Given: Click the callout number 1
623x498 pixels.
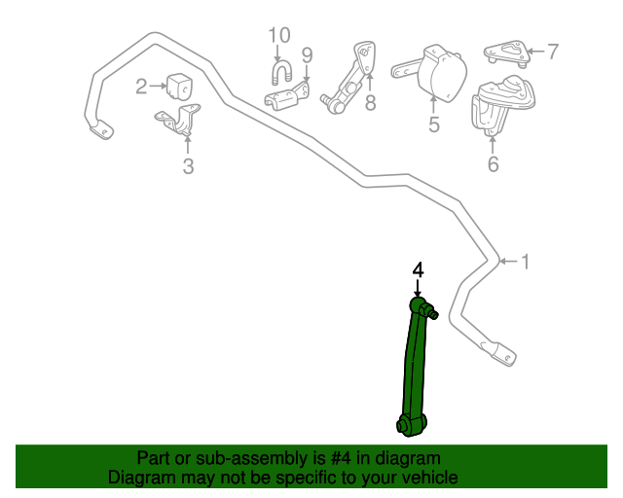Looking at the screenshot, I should [526, 261].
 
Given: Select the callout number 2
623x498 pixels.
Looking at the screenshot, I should [141, 87].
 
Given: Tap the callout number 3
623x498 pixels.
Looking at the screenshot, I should [188, 166].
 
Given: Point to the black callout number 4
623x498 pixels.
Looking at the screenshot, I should [418, 269].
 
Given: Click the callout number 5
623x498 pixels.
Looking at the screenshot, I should [434, 124].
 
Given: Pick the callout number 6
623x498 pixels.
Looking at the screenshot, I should [493, 164].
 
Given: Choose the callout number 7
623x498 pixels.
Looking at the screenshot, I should [552, 52].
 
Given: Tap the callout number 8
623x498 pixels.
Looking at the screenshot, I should [370, 103].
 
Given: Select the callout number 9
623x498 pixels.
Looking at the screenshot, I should [307, 54].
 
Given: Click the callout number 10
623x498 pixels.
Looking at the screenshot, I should [279, 36].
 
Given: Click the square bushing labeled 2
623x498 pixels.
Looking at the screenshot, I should [180, 86].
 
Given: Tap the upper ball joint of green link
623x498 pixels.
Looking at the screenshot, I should [421, 307].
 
